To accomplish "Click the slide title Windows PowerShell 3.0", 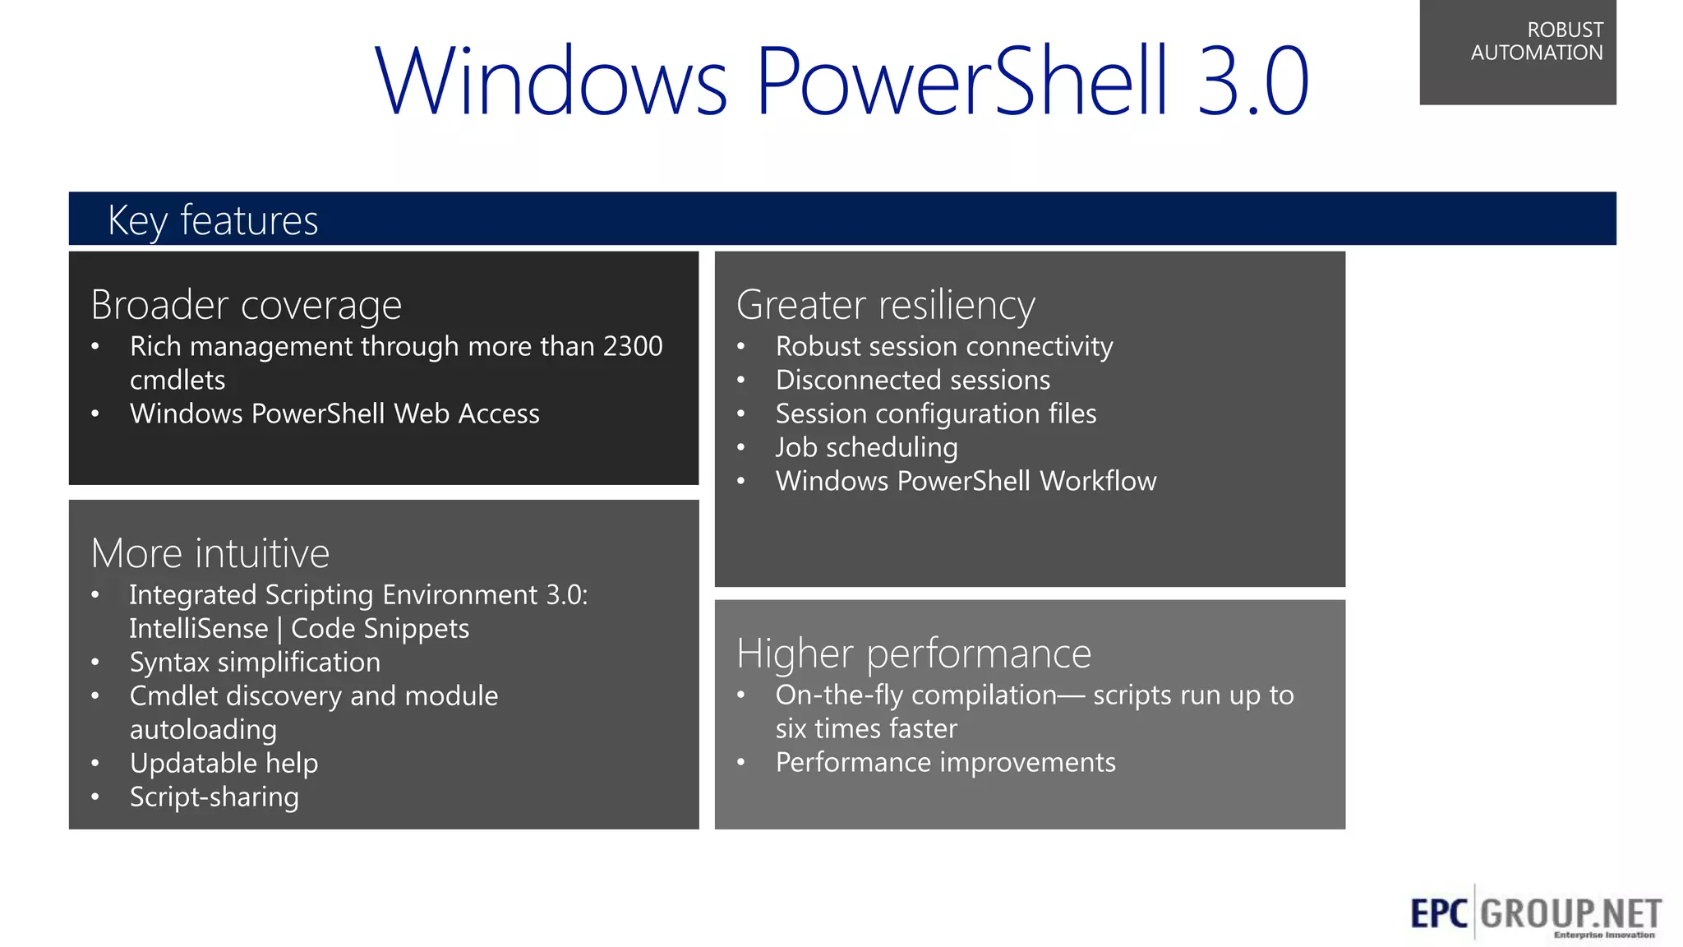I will pyautogui.click(x=841, y=81).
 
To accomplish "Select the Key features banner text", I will pyautogui.click(x=213, y=220).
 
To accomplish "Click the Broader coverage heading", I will pyautogui.click(x=246, y=305).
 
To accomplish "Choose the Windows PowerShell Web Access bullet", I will pyautogui.click(x=334, y=413).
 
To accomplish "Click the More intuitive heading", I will pyautogui.click(x=210, y=553).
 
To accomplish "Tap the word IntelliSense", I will pyautogui.click(x=199, y=629).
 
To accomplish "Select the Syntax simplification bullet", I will pyautogui.click(x=255, y=663).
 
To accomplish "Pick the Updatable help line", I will pyautogui.click(x=224, y=764).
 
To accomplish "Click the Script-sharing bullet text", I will pyautogui.click(x=214, y=797).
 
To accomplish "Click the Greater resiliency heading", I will pyautogui.click(x=885, y=305).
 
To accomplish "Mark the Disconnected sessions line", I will pyautogui.click(x=912, y=381).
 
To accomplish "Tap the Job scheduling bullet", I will pyautogui.click(x=866, y=448).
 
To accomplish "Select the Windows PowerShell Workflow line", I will pyautogui.click(x=966, y=482).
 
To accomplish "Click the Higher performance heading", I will pyautogui.click(x=913, y=654).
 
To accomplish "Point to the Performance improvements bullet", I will pyautogui.click(x=945, y=763).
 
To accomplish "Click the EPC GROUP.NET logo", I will pyautogui.click(x=1534, y=913).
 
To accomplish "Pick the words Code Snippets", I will pyautogui.click(x=380, y=629).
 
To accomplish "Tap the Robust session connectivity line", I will pyautogui.click(x=943, y=347).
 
